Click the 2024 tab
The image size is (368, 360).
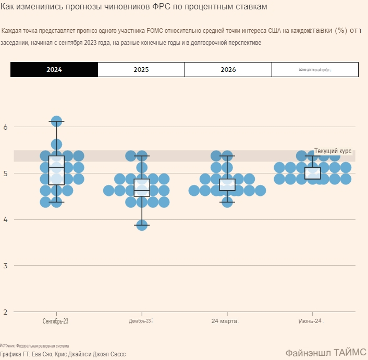[54, 69]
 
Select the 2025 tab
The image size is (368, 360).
[141, 69]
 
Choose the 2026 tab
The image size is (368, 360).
[228, 69]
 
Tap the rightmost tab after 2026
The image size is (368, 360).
[315, 69]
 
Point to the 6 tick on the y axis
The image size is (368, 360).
[5, 127]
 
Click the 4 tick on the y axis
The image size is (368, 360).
[5, 219]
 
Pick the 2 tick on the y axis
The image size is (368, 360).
[5, 312]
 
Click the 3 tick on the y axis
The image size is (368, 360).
[5, 266]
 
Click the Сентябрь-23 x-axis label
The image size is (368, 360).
[56, 321]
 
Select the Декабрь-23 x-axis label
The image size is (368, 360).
[141, 321]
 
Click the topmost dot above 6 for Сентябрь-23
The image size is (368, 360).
[56, 122]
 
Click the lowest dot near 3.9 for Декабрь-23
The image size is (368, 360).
[142, 225]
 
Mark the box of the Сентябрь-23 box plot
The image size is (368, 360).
[56, 170]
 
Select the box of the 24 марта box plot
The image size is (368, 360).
[227, 184]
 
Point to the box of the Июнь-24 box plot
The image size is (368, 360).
[313, 173]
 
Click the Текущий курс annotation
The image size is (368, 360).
[333, 151]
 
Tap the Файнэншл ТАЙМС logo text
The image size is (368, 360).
[326, 352]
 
